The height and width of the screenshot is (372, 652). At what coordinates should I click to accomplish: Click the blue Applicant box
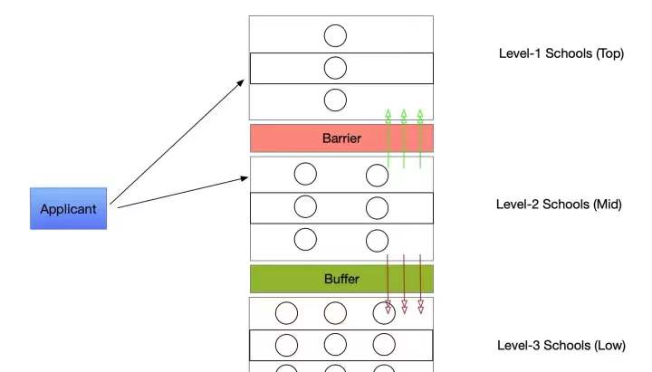click(x=69, y=208)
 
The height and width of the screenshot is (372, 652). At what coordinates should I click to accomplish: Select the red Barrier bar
click(x=341, y=138)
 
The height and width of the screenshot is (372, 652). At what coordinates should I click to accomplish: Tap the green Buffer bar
click(x=341, y=279)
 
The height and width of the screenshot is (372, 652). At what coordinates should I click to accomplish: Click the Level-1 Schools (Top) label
click(x=561, y=53)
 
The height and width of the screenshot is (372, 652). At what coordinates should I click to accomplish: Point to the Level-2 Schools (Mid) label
click(x=559, y=204)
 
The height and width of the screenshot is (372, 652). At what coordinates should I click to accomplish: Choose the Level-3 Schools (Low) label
click(x=561, y=345)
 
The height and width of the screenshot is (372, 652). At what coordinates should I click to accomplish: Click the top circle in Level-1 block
click(x=335, y=35)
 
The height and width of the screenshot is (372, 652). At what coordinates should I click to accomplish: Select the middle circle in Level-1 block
click(x=335, y=68)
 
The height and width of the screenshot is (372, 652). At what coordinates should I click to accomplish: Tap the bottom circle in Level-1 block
click(x=335, y=100)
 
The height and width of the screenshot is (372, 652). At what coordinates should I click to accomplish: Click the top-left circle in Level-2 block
click(x=305, y=174)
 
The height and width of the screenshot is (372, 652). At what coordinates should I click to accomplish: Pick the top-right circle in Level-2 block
click(x=377, y=174)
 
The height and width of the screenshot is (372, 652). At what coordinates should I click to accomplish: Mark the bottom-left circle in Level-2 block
click(x=305, y=239)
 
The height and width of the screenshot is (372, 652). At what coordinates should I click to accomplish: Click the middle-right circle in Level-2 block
click(x=377, y=207)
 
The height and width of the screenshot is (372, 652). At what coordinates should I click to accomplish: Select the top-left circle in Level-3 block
click(x=287, y=313)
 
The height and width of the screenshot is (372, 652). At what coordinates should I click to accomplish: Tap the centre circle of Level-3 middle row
click(x=335, y=345)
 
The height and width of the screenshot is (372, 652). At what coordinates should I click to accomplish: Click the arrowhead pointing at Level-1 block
click(x=241, y=82)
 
